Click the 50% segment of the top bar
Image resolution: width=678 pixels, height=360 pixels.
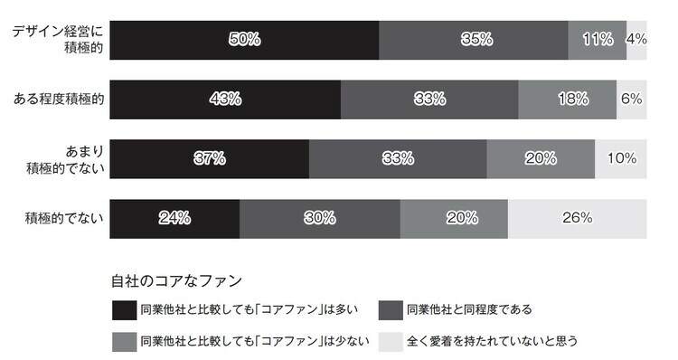pos(244,40)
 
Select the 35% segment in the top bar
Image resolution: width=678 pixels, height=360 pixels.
pos(473,40)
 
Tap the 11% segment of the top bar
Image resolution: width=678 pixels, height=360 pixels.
pos(597,40)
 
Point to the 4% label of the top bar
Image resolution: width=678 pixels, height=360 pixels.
pos(636,40)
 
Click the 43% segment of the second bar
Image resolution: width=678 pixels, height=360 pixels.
pos(225,99)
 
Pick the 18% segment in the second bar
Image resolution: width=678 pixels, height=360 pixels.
pos(567,99)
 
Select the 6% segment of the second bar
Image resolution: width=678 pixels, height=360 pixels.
pos(631,99)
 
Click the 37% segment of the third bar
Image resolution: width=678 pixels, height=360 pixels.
pos(209,158)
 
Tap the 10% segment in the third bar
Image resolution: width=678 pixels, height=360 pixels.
pos(621,158)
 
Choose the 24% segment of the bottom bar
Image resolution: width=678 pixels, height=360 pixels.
pos(174,217)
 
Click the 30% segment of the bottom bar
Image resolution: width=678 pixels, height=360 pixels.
pos(319,217)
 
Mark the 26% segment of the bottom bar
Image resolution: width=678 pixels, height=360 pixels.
pos(577,217)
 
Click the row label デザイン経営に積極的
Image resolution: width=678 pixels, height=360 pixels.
pos(57,40)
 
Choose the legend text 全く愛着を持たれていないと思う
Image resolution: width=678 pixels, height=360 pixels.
pos(492,342)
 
